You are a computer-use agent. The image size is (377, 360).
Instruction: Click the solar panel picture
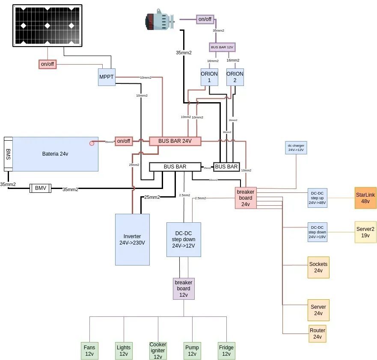[x=47, y=26]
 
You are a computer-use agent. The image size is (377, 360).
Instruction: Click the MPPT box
[x=107, y=77]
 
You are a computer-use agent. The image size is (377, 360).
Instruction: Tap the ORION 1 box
[x=209, y=77]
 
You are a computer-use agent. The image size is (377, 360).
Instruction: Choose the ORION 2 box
[x=235, y=77]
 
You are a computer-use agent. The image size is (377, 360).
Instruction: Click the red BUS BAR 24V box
[x=175, y=141]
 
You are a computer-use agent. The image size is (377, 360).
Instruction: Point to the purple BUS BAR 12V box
[x=223, y=47]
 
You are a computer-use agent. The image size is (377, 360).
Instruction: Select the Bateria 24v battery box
[x=56, y=154]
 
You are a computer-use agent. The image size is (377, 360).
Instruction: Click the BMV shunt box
[x=41, y=188]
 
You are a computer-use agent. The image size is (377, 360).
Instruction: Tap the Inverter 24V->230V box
[x=132, y=239]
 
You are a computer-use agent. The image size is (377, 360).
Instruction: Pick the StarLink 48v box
[x=365, y=198]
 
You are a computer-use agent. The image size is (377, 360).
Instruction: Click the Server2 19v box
[x=365, y=232]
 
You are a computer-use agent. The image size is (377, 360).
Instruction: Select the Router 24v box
[x=318, y=333]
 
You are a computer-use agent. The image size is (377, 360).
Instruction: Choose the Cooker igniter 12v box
[x=158, y=351]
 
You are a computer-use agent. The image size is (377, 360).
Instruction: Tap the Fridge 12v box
[x=226, y=351]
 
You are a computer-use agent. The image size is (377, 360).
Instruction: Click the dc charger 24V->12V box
[x=296, y=148]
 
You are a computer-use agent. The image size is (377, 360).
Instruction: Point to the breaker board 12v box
[x=184, y=289]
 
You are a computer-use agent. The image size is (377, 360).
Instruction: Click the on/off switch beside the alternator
[x=205, y=19]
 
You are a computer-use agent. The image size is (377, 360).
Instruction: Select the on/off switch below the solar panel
[x=47, y=64]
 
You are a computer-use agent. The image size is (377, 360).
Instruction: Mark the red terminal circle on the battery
[x=92, y=143]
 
